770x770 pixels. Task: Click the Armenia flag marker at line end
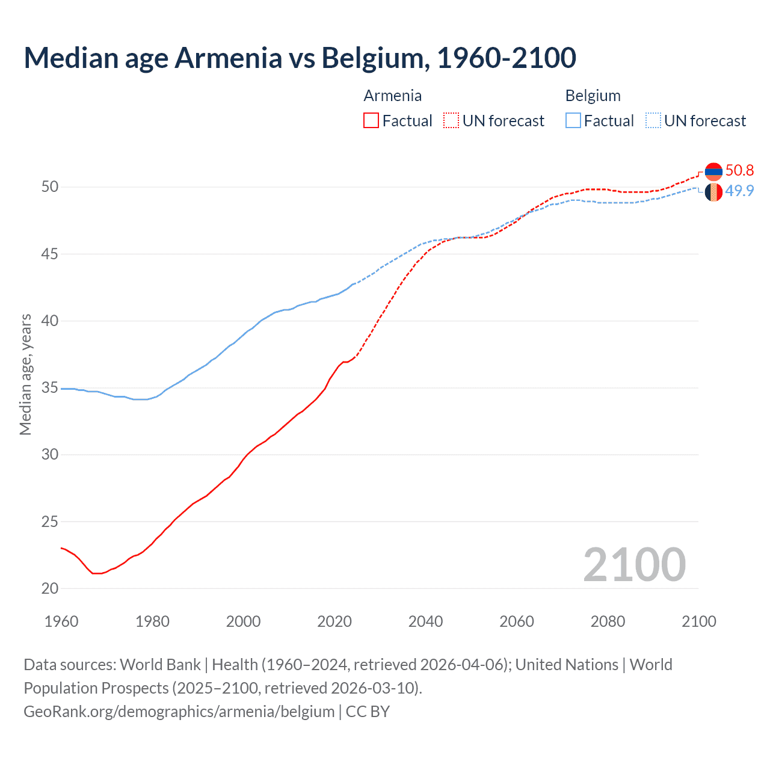pyautogui.click(x=713, y=171)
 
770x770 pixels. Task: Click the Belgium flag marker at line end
pyautogui.click(x=713, y=192)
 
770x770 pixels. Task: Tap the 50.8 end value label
pyautogui.click(x=739, y=171)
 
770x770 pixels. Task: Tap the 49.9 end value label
pyautogui.click(x=739, y=191)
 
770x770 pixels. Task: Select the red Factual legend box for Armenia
pyautogui.click(x=371, y=121)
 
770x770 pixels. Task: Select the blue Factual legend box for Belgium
pyautogui.click(x=573, y=121)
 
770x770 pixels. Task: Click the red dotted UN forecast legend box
pyautogui.click(x=451, y=121)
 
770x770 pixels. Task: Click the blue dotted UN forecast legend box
pyautogui.click(x=653, y=121)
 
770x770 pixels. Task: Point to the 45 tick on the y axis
pyautogui.click(x=50, y=254)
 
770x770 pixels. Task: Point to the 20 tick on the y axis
pyautogui.click(x=50, y=588)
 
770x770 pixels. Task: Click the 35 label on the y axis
pyautogui.click(x=50, y=388)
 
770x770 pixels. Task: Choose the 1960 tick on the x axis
pyautogui.click(x=61, y=621)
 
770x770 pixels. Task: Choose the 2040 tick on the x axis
pyautogui.click(x=425, y=621)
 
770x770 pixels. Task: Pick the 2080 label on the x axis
pyautogui.click(x=608, y=621)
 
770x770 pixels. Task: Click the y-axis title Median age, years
pyautogui.click(x=25, y=374)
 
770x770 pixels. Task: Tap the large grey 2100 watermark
pyautogui.click(x=634, y=564)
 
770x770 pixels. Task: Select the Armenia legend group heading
pyautogui.click(x=392, y=96)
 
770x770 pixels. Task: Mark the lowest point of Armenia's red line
pyautogui.click(x=97, y=573)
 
